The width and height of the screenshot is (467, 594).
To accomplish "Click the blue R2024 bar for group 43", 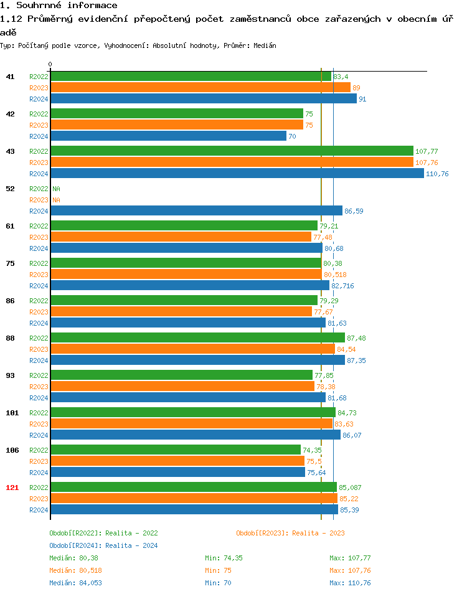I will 237,174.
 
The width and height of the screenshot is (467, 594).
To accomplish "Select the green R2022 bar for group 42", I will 177,114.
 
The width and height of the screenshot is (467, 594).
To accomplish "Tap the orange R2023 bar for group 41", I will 200,88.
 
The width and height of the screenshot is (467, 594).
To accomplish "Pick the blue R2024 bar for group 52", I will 196,211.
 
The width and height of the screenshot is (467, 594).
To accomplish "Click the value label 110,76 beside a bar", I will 437,174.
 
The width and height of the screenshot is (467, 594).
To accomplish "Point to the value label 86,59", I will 354,211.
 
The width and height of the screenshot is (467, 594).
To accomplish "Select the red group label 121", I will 12,488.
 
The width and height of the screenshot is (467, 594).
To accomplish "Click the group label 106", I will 12,450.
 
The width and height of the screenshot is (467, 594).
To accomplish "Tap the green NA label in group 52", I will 56,189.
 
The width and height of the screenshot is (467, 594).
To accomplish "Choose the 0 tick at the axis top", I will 50,64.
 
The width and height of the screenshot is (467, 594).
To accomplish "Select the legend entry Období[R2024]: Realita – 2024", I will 103,545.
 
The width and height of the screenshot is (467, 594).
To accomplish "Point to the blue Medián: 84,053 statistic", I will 75,583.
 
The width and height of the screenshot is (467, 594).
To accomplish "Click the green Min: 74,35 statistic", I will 224,558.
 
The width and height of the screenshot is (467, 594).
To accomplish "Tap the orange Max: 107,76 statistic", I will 350,570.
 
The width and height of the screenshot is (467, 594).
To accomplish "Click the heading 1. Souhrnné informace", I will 59,6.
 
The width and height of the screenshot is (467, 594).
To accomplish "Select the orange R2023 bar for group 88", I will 192,349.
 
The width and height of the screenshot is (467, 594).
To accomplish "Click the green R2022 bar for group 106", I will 176,450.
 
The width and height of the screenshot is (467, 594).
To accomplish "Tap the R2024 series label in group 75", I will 39,286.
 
